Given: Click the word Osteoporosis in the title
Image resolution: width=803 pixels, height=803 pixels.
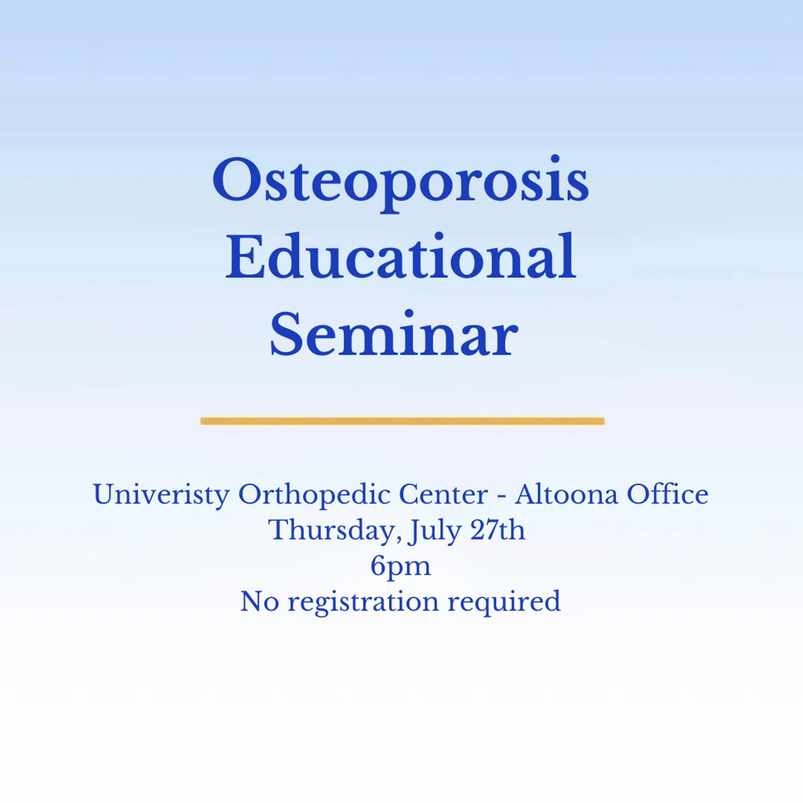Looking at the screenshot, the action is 401,184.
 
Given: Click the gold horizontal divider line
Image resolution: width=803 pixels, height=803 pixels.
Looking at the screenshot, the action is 402,421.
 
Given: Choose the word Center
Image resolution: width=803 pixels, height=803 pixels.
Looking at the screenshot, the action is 443,495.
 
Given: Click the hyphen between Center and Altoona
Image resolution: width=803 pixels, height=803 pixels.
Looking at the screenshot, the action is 502,498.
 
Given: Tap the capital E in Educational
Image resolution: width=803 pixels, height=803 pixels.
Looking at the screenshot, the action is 245,255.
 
